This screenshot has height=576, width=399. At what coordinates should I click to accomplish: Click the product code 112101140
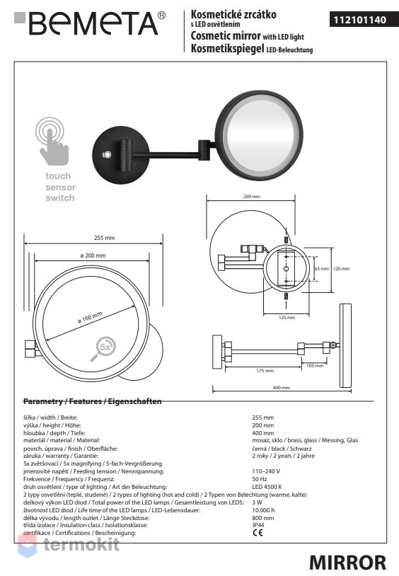359,20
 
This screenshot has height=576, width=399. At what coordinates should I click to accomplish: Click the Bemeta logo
90,23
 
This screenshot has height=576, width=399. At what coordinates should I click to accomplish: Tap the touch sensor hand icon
52,142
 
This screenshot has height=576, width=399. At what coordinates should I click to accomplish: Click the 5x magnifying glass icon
103,348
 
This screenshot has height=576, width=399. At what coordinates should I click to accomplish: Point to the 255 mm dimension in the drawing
104,238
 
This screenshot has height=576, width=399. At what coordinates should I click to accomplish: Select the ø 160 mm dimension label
90,318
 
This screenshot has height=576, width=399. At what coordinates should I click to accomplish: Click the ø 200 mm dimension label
93,255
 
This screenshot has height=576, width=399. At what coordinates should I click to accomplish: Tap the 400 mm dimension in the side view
282,388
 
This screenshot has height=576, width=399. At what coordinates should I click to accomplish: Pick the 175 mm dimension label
265,371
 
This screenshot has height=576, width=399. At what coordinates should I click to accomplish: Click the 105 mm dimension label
315,366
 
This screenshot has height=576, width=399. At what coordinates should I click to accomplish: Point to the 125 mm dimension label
287,318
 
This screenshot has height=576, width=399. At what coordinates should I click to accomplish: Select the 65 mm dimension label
321,268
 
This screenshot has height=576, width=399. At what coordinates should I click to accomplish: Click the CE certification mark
258,533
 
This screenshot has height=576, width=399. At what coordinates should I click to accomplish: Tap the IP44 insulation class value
258,525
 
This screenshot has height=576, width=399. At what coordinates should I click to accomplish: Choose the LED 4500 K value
267,487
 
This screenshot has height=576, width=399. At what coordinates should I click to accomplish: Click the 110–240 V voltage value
266,471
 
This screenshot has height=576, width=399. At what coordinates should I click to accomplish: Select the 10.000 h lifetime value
263,510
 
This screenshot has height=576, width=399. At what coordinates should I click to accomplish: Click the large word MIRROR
347,563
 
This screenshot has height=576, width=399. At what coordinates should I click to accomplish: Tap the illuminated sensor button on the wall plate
107,155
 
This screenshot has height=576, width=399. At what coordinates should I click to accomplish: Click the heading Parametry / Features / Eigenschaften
92,401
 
